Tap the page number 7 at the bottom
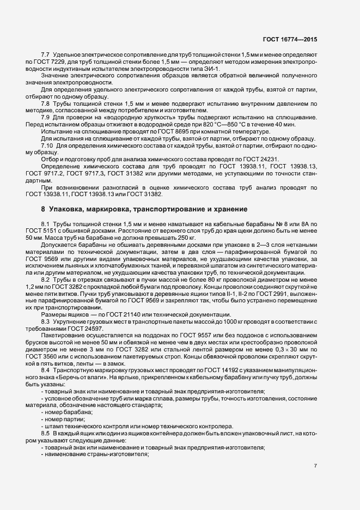pos(316,466)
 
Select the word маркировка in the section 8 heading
pos(104,209)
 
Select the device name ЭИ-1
pos(211,69)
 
